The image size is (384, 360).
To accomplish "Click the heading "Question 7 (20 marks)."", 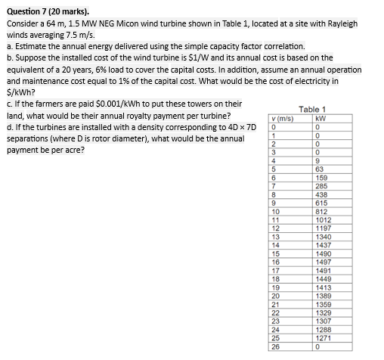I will pos(47,11).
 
